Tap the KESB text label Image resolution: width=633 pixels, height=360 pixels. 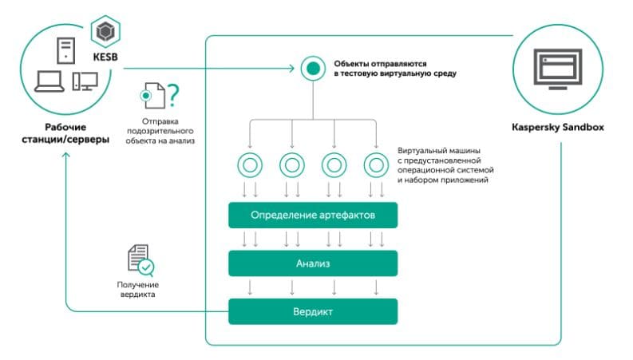click(x=105, y=57)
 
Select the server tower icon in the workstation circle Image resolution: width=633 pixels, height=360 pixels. click(x=65, y=50)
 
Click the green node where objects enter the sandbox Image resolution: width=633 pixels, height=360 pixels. click(x=311, y=68)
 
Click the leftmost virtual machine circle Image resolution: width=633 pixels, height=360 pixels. click(x=249, y=166)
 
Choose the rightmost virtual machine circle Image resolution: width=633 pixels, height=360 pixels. click(x=375, y=166)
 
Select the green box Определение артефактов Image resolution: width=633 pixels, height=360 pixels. click(x=312, y=216)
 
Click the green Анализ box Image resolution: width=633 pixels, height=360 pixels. click(x=312, y=263)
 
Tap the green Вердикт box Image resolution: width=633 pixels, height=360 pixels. click(x=312, y=311)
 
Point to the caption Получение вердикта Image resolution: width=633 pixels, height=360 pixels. click(x=140, y=290)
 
